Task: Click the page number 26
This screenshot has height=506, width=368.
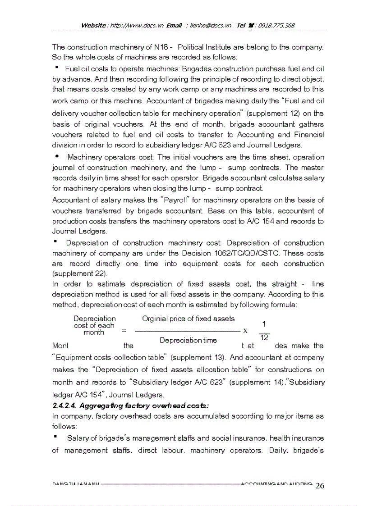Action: [320, 485]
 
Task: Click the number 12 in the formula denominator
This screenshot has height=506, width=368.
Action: [265, 337]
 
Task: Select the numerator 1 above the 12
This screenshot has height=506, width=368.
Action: [264, 324]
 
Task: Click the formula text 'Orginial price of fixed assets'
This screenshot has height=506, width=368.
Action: [188, 319]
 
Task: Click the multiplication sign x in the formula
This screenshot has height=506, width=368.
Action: [245, 330]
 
